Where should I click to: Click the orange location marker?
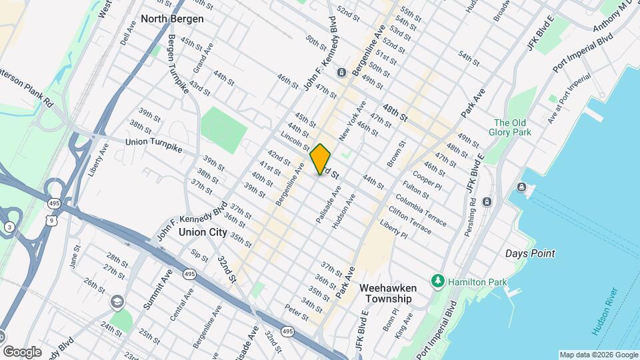[321, 159]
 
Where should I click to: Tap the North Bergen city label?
[172, 19]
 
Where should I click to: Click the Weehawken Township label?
[388, 293]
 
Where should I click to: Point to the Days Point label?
[530, 253]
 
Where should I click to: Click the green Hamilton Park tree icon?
[437, 281]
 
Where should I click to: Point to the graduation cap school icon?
[118, 303]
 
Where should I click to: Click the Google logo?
[22, 351]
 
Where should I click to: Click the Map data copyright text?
[597, 355]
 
